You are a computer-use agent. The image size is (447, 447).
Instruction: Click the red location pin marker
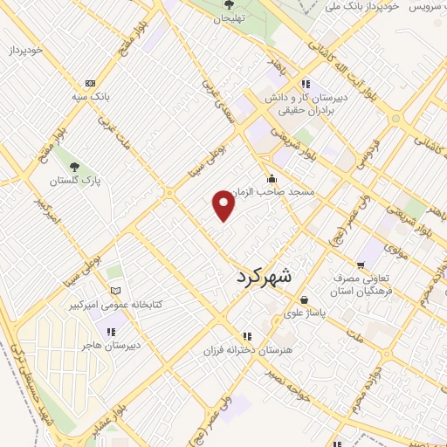click(224, 206)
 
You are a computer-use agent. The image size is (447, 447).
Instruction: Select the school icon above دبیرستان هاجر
click(111, 332)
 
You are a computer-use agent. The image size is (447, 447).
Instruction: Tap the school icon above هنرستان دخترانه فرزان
click(248, 336)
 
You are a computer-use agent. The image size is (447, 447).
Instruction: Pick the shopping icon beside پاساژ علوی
click(287, 311)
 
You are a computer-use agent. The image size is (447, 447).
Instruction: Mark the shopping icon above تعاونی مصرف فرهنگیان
click(360, 265)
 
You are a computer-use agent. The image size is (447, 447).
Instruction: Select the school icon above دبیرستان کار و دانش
click(305, 84)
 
